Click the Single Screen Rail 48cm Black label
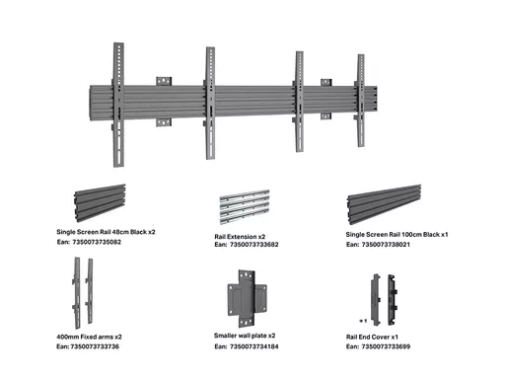106,232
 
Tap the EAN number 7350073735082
97,242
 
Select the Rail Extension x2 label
240,236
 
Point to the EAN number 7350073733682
254,245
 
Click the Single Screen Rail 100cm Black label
397,234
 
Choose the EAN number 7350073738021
386,245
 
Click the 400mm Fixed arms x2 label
89,337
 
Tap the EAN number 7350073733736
95,346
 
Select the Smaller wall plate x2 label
245,336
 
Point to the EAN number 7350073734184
254,346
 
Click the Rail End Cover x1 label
372,337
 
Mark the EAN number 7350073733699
386,346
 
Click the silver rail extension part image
245,206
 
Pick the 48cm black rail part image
100,202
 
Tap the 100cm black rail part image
384,204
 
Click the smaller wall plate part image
247,298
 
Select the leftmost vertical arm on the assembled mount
118,105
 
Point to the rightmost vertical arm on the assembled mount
361,101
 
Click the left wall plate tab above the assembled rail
164,81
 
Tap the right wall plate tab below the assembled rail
325,116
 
